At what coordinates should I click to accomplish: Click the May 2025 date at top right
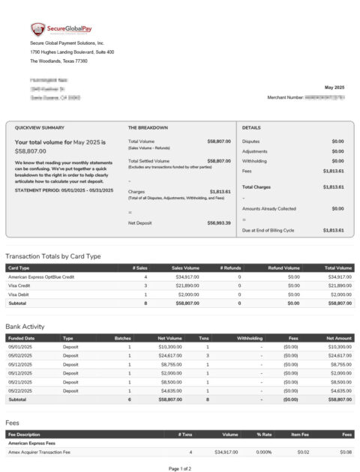pyautogui.click(x=334, y=88)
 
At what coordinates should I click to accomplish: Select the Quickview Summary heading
pyautogui.click(x=40, y=128)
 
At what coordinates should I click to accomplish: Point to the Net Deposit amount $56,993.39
pyautogui.click(x=219, y=223)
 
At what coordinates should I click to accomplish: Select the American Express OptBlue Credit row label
pyautogui.click(x=41, y=277)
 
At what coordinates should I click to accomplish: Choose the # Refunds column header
pyautogui.click(x=230, y=267)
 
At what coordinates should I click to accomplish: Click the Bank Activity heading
pyautogui.click(x=25, y=327)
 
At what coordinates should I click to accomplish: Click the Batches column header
pyautogui.click(x=123, y=338)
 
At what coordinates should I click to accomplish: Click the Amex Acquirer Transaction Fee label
pyautogui.click(x=39, y=453)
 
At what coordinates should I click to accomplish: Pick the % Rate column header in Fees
pyautogui.click(x=263, y=435)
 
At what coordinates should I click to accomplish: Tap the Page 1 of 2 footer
pyautogui.click(x=180, y=468)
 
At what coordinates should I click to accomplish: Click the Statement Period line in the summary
pyautogui.click(x=64, y=190)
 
